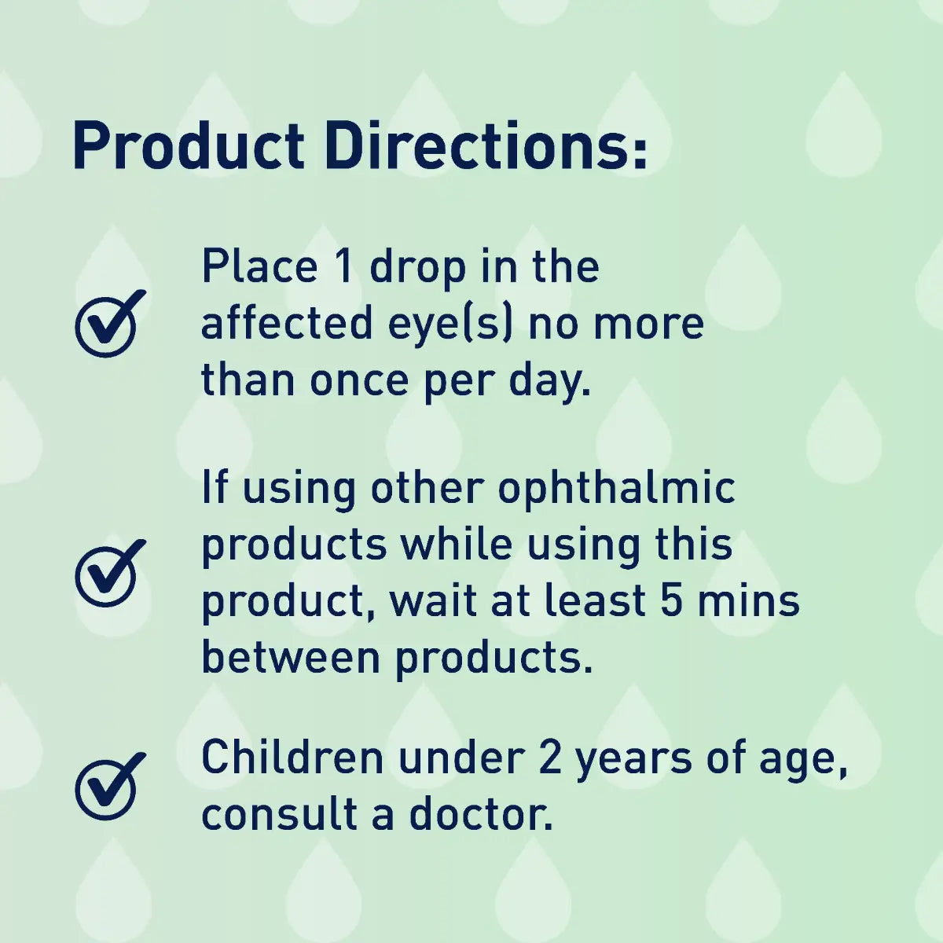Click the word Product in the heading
(188, 148)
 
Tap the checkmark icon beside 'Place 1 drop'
(110, 324)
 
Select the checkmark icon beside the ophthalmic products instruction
(110, 573)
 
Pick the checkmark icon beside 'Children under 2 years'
(110, 786)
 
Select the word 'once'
(359, 381)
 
